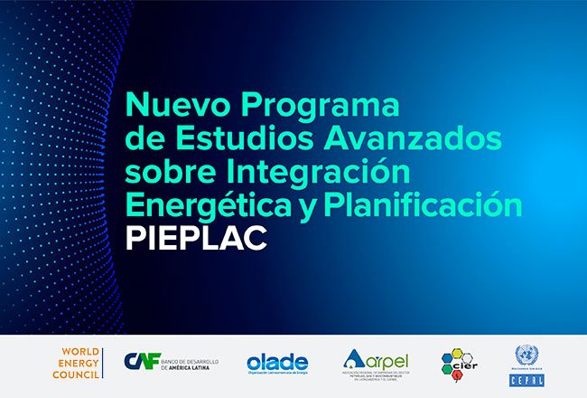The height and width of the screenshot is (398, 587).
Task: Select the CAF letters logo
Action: pyautogui.click(x=140, y=362)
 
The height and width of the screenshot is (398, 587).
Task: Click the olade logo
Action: pyautogui.click(x=277, y=363)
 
